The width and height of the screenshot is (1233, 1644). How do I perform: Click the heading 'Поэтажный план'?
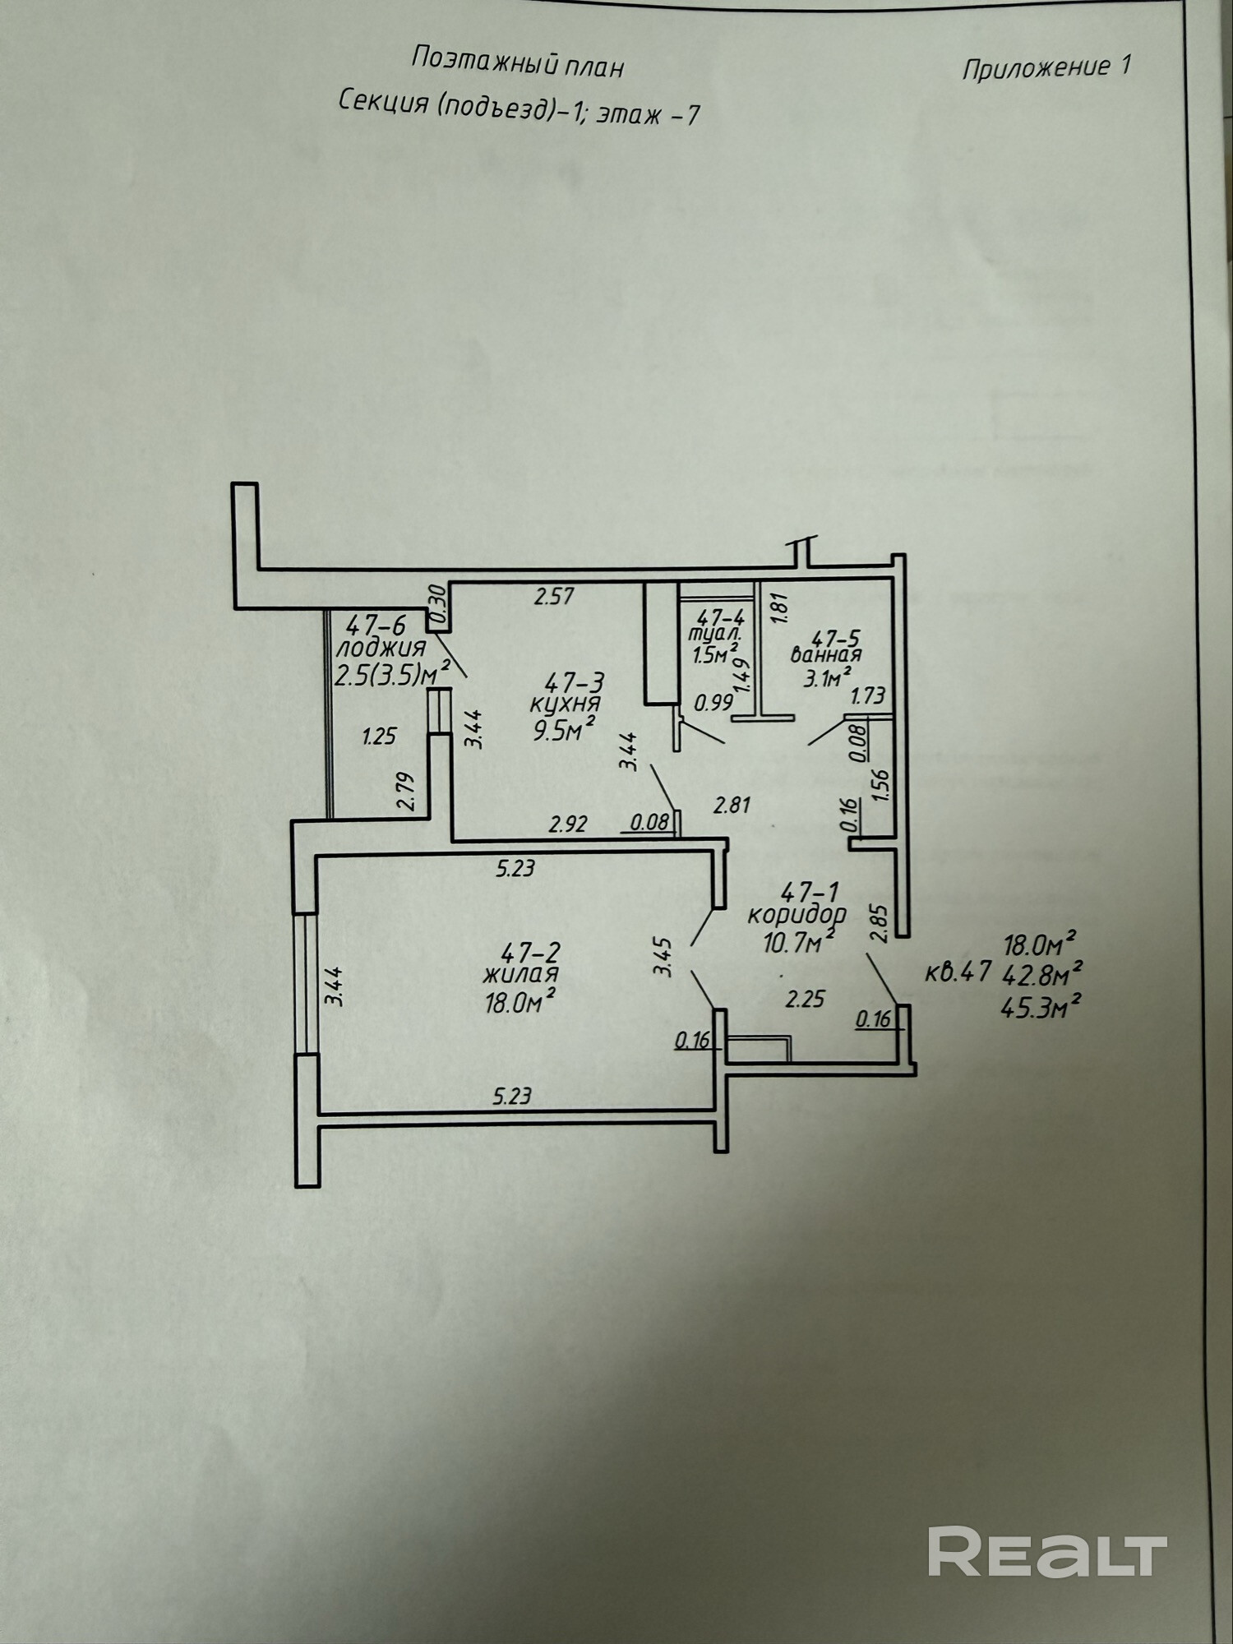tap(517, 62)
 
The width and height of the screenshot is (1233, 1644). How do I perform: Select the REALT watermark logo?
tap(1047, 1551)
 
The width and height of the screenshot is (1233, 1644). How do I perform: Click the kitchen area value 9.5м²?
tap(564, 728)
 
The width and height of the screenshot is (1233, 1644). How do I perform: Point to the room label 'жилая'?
tap(520, 975)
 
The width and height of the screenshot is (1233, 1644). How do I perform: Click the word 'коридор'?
tap(797, 914)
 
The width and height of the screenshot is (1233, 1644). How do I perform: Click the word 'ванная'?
tap(825, 655)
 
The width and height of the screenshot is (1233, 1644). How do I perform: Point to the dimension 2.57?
tap(553, 596)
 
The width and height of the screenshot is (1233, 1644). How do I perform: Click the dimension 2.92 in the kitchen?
tap(568, 824)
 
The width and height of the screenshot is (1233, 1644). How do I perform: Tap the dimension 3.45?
tap(663, 957)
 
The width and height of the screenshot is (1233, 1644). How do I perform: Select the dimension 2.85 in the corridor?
tap(879, 923)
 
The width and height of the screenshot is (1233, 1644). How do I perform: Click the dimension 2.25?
tap(805, 999)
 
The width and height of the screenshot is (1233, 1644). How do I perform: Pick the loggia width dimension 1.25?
tap(379, 736)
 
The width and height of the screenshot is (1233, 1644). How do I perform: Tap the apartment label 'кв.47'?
tap(958, 972)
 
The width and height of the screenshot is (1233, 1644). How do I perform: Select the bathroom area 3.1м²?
tap(826, 678)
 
